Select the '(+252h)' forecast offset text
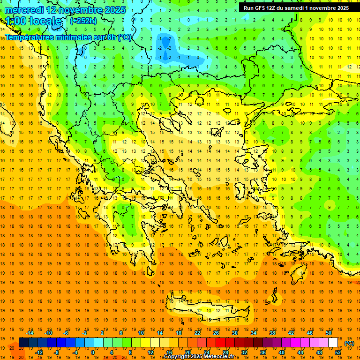(83, 21)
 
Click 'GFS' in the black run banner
(264, 8)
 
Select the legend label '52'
(338, 352)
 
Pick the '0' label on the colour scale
(92, 352)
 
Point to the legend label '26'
(216, 333)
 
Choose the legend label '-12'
(39, 352)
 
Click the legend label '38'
(272, 333)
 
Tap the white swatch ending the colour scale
(333, 342)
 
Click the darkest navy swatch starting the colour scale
(24, 342)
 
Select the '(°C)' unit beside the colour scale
(349, 343)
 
